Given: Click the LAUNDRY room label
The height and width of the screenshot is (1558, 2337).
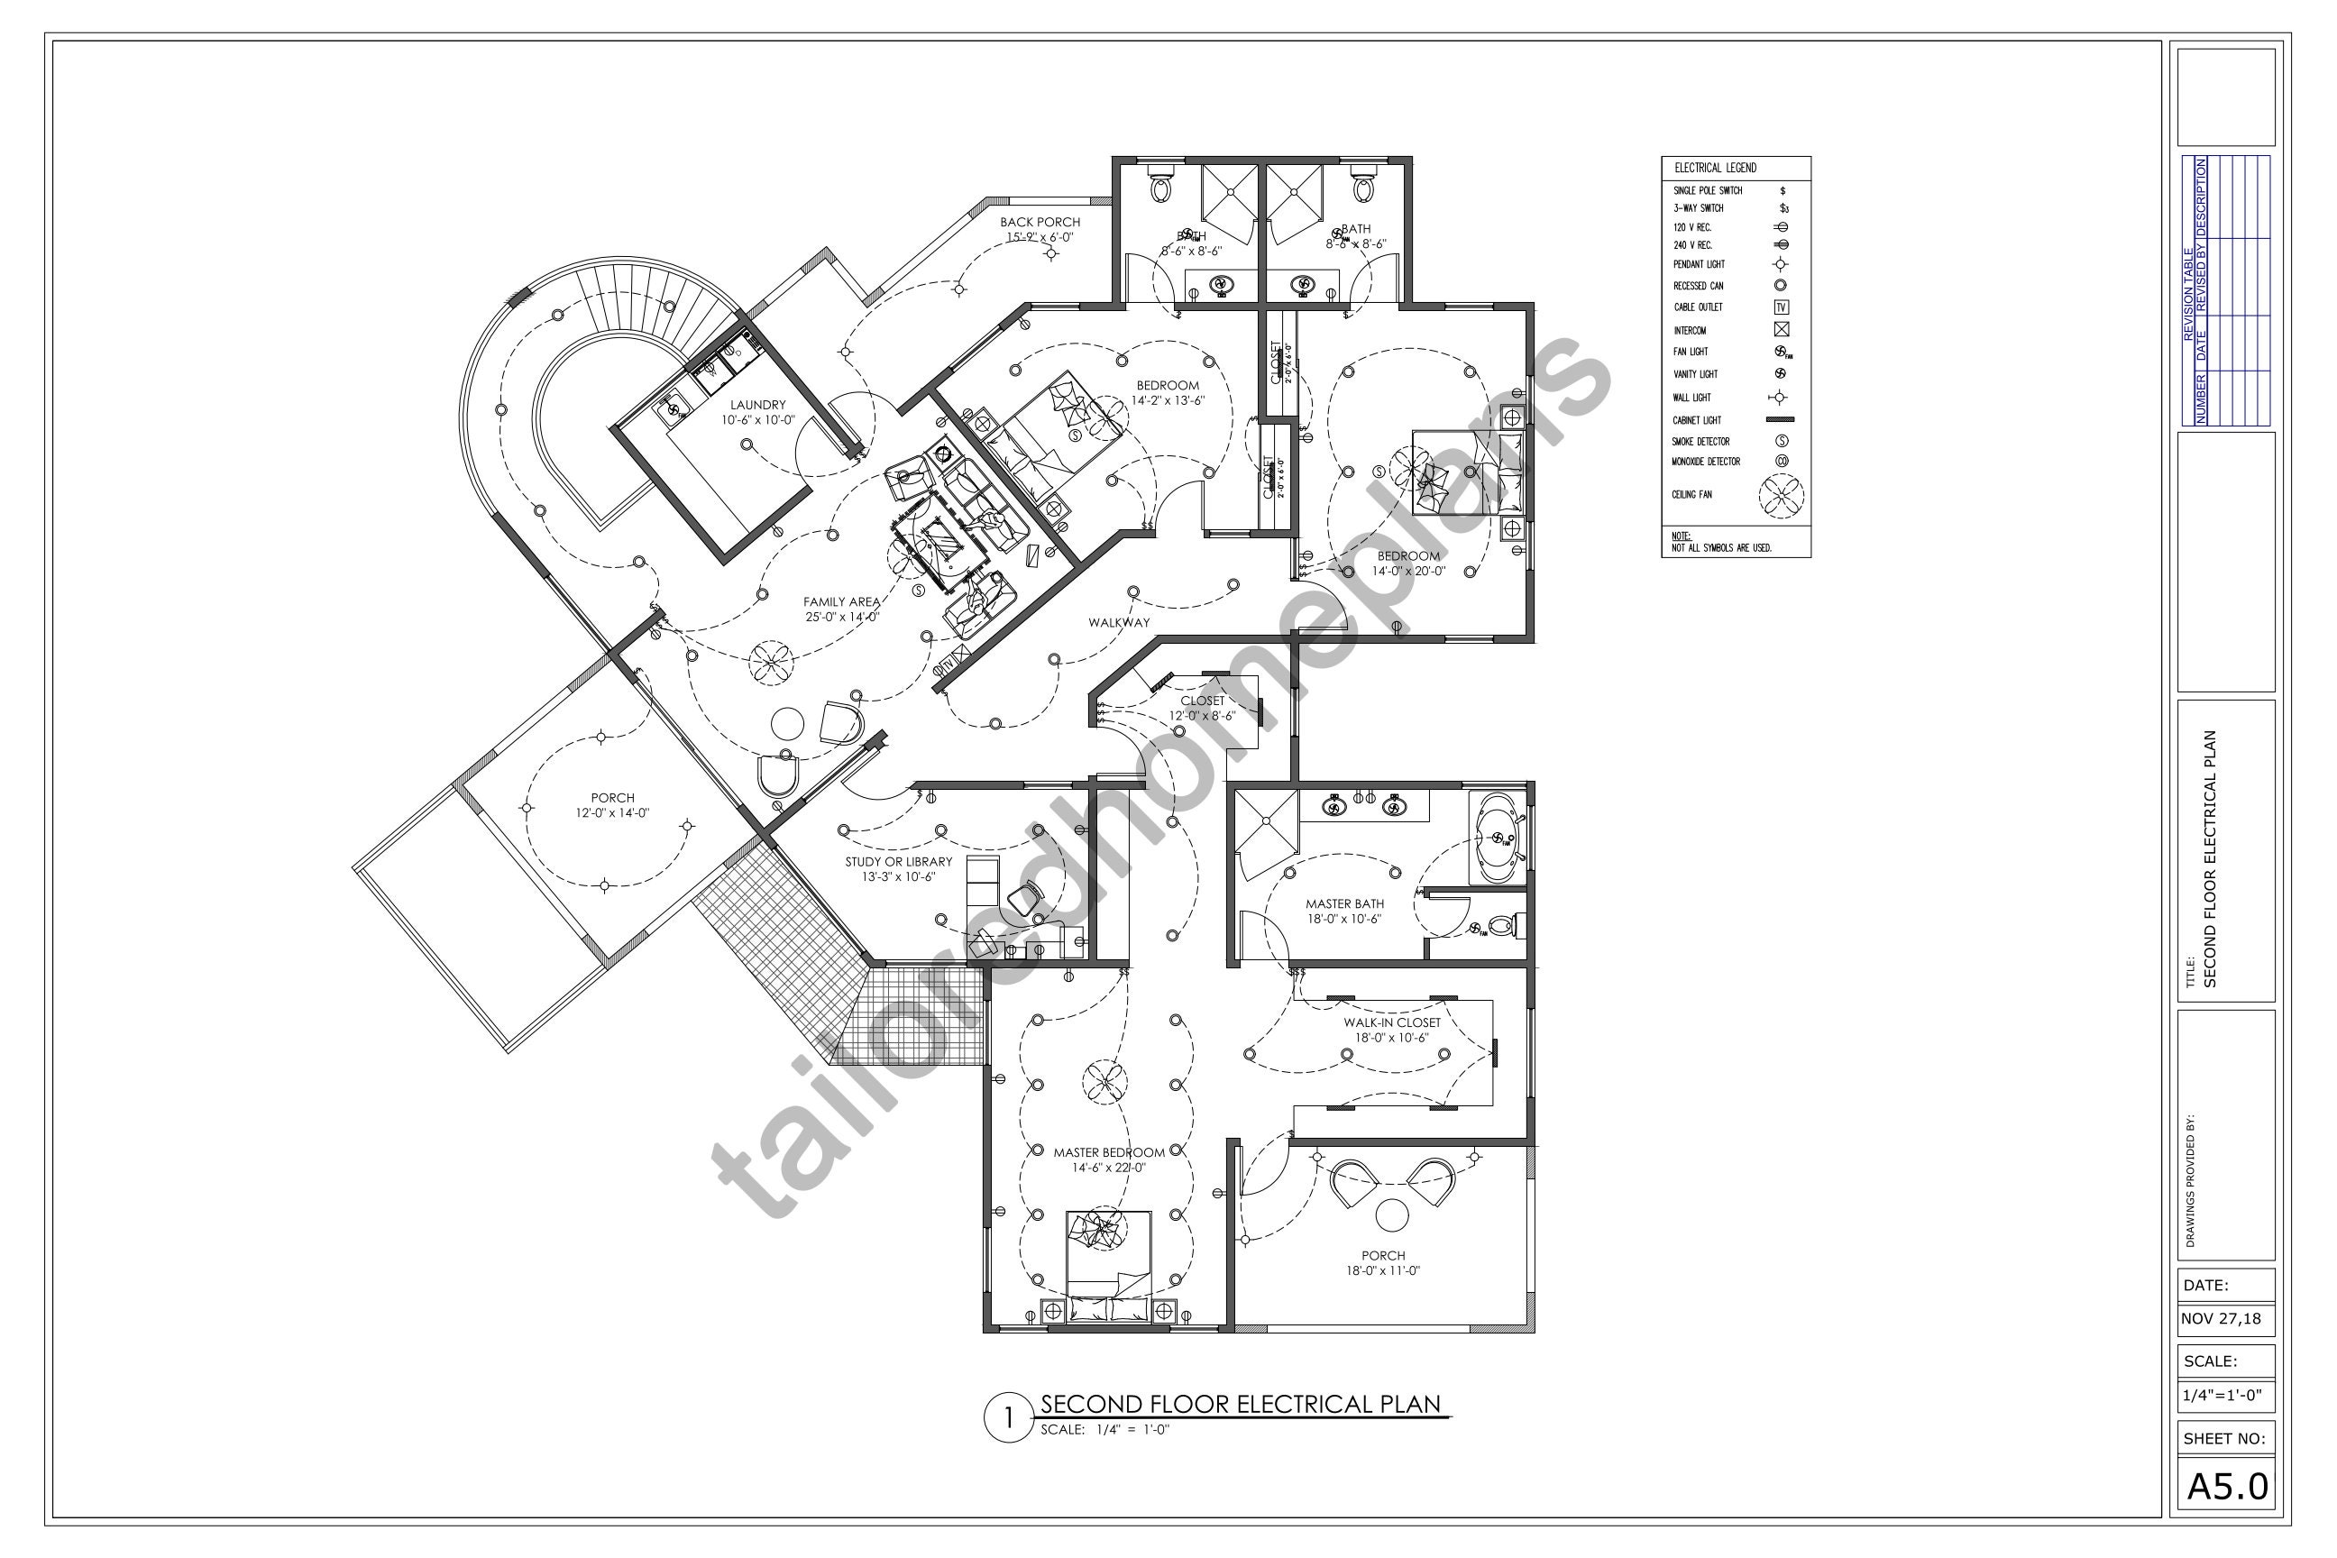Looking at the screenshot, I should (758, 405).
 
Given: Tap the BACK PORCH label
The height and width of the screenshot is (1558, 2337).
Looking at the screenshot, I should (1040, 223).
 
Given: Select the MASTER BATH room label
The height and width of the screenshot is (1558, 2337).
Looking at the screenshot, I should (1344, 904).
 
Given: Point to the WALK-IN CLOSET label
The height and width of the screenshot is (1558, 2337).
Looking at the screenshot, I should (1391, 1022).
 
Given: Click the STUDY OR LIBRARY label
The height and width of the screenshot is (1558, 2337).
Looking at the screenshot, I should (898, 861).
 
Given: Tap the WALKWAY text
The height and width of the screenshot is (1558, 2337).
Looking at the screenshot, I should (1119, 623).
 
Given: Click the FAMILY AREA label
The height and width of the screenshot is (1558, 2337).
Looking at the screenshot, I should (841, 602).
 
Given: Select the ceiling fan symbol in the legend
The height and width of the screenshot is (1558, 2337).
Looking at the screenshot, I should (1781, 495).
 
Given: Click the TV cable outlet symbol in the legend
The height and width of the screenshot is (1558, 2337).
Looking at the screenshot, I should (1781, 307).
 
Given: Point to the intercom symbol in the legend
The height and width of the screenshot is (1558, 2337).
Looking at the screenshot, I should (1781, 330).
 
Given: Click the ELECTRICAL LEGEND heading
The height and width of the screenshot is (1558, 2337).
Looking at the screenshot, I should (1715, 168).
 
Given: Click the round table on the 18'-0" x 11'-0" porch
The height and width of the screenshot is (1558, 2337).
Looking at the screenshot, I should (1391, 1215).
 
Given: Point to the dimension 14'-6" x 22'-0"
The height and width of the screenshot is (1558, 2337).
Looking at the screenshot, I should (1109, 1168).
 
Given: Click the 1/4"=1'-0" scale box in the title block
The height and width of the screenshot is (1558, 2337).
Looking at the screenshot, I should (2222, 1395).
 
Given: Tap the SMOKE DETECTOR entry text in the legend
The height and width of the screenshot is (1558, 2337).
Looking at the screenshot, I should (1701, 441).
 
